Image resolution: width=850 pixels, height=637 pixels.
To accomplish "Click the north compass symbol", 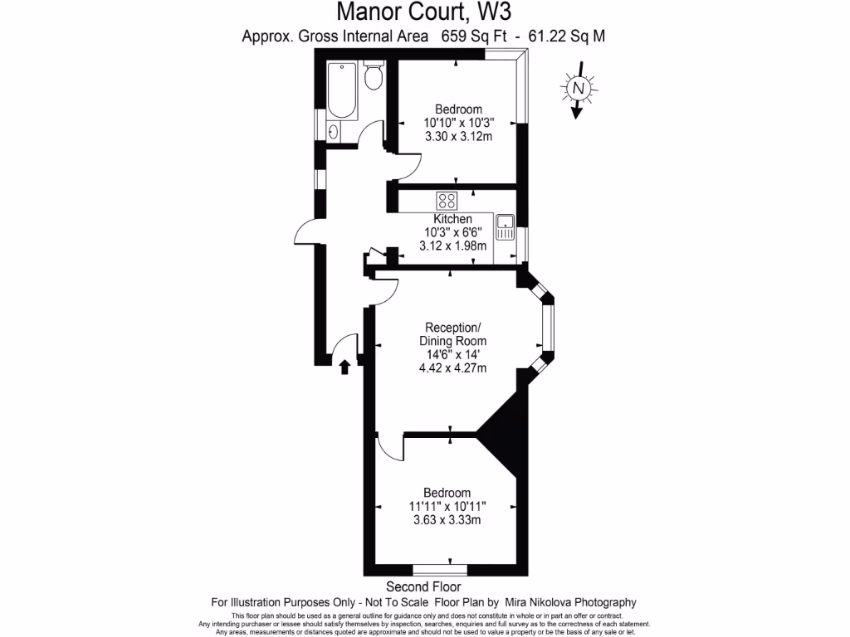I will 579,88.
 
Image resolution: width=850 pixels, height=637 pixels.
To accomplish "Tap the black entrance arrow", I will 345,366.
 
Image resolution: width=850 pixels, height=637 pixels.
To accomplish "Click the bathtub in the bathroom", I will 342,91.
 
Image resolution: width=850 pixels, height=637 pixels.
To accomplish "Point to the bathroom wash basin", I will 335,131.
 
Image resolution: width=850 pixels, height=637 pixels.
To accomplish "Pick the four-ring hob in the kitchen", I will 447,200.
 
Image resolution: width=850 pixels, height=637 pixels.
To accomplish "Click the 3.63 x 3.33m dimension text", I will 447,520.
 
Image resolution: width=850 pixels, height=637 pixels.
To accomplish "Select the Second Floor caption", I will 423,587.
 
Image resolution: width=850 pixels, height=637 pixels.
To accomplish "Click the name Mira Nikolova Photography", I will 572,602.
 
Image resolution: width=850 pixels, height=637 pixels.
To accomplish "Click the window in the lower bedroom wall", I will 439,570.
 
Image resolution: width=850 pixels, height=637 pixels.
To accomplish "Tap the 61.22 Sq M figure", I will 574,36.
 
